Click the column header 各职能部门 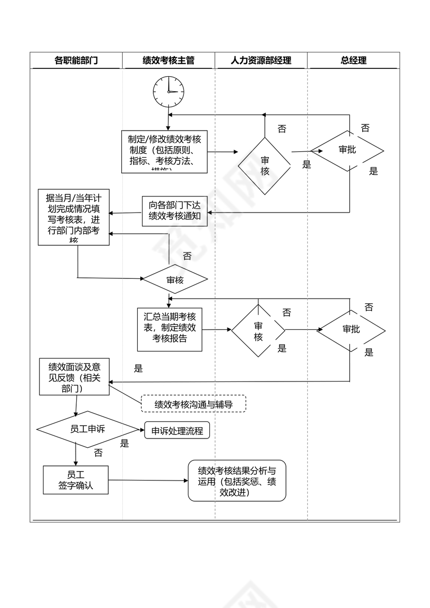pyautogui.click(x=76, y=60)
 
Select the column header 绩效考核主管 pyautogui.click(x=168, y=60)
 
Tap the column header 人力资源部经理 pyautogui.click(x=261, y=60)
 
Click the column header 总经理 pyautogui.click(x=353, y=60)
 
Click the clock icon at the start pyautogui.click(x=168, y=91)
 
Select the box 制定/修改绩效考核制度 pyautogui.click(x=165, y=151)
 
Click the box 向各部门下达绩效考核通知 pyautogui.click(x=175, y=211)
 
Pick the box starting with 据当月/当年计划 pyautogui.click(x=74, y=217)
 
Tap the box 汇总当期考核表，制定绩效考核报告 pyautogui.click(x=169, y=330)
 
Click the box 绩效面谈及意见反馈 pyautogui.click(x=75, y=376)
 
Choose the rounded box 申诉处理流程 pyautogui.click(x=177, y=431)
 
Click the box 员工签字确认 pyautogui.click(x=76, y=480)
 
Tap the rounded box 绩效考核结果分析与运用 pyautogui.click(x=237, y=480)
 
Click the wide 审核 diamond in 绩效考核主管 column pyautogui.click(x=175, y=280)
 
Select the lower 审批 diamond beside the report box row pyautogui.click(x=351, y=330)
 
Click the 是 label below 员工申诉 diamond pyautogui.click(x=124, y=444)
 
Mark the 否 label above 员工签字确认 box pyautogui.click(x=98, y=453)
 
